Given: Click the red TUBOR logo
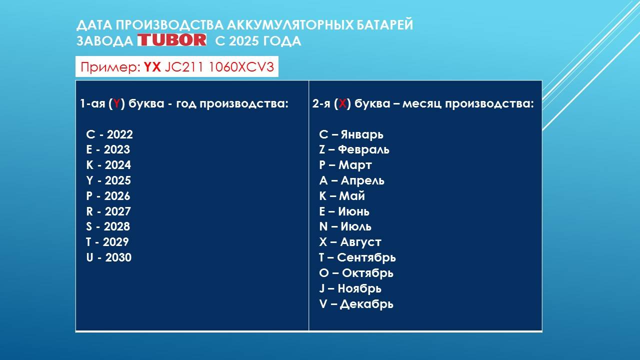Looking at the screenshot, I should (172, 40).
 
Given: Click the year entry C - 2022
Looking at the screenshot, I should (109, 134).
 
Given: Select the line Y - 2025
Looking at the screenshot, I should (108, 180).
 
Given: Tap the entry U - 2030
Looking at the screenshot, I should (108, 257).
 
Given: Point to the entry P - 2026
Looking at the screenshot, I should (108, 196).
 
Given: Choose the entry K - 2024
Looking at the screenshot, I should (108, 165).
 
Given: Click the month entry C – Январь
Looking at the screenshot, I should (351, 134).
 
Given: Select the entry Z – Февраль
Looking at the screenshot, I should (354, 149).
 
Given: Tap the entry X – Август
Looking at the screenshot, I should (350, 242).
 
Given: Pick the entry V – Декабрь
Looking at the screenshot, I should (356, 303).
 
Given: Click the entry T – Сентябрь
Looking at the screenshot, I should (357, 257).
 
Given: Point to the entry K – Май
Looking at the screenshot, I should (342, 196).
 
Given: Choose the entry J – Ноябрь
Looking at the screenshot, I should (350, 288).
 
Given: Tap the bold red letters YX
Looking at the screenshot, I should (152, 67).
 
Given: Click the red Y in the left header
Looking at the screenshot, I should (116, 104).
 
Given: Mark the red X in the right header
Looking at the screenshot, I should (342, 104).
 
